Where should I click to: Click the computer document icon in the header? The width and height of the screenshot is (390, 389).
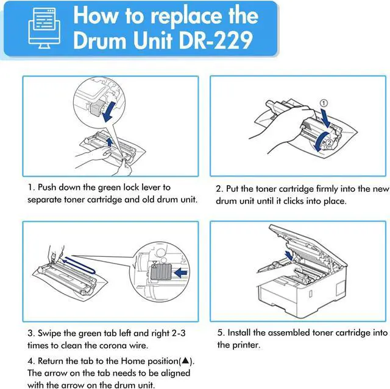point(44,28)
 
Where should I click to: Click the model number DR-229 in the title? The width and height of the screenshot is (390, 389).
point(216,40)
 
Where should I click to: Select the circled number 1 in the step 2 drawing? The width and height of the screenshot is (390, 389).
point(324,103)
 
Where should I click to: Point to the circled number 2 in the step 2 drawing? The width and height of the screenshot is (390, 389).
point(329,142)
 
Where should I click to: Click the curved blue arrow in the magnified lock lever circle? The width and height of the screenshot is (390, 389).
point(109,111)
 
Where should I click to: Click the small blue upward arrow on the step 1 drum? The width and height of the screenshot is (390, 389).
point(109,142)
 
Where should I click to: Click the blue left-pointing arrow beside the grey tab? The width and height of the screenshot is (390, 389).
point(180,273)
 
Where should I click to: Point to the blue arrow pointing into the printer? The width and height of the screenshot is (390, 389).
point(289,255)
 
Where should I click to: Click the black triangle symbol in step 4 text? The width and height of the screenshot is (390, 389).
point(185,360)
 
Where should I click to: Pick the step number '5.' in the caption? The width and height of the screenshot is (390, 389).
point(221,332)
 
